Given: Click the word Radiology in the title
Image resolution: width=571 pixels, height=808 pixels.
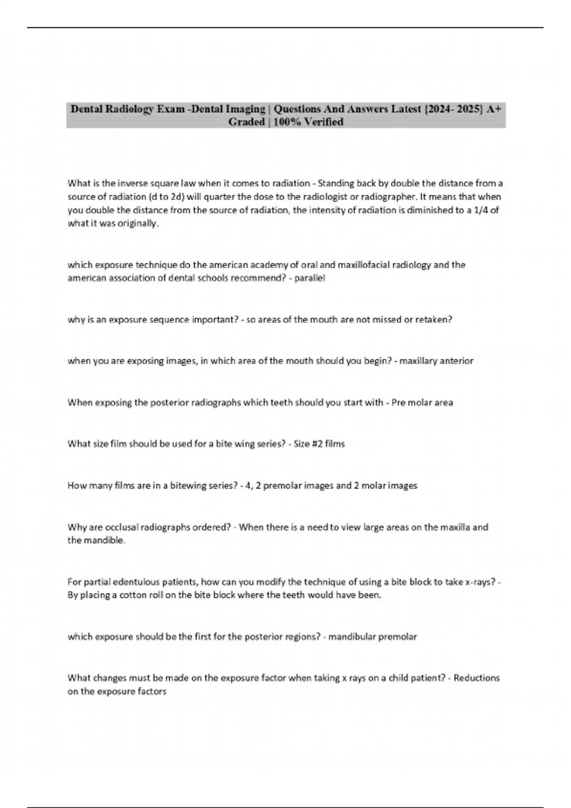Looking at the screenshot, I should point(130,109).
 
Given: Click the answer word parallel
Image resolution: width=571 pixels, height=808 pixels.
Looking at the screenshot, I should point(310,279).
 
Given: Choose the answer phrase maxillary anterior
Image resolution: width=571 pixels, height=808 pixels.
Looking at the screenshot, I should point(436,361).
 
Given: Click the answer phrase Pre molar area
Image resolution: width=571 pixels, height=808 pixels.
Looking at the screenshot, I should point(422,403).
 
